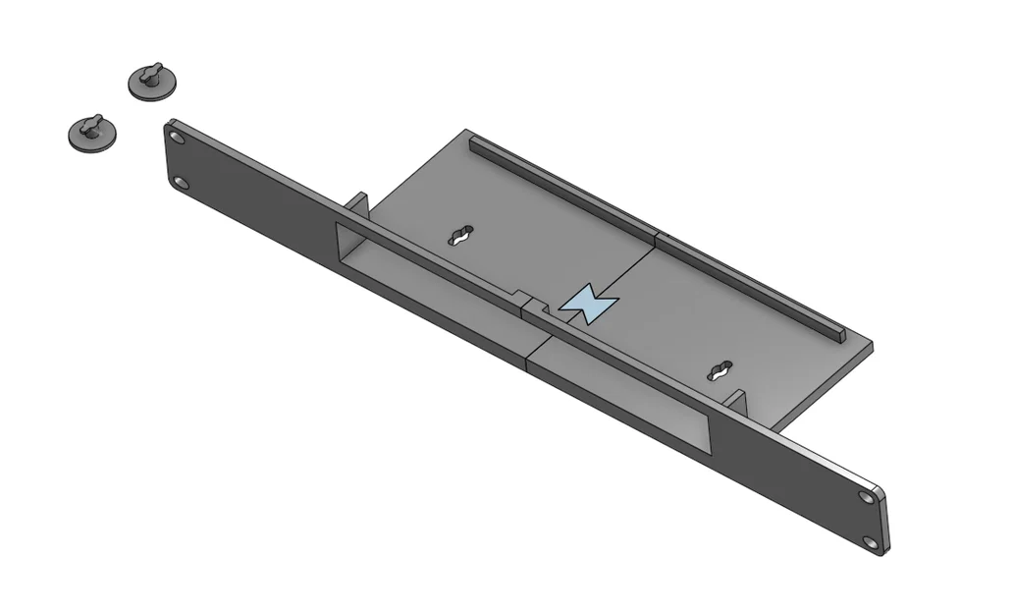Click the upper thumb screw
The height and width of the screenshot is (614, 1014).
[x=154, y=83]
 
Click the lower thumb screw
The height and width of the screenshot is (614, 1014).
[x=91, y=133]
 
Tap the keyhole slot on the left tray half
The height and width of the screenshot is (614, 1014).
[x=460, y=236]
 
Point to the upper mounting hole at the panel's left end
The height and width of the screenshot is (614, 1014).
[x=177, y=138]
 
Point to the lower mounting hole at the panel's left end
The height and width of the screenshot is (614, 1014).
[x=182, y=183]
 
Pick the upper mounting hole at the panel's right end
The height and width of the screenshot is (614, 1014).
[x=866, y=497]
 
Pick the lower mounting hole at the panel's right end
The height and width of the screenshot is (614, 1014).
[x=872, y=541]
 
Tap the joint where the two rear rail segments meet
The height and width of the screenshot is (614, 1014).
[x=655, y=237]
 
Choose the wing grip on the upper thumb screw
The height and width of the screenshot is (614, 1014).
[x=150, y=72]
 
